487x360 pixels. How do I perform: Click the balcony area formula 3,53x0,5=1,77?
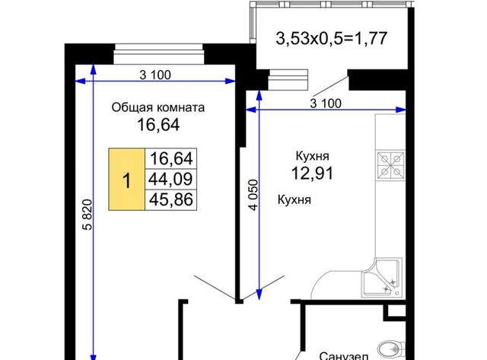point(332,39)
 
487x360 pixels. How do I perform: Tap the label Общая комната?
point(158,107)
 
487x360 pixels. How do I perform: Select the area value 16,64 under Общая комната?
point(158,125)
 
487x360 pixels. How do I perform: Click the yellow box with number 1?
point(127,179)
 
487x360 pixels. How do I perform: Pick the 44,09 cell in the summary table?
point(170,179)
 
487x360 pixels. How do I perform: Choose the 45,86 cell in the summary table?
point(170,199)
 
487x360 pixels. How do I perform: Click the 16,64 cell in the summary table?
point(170,158)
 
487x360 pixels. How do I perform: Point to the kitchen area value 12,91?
point(313,173)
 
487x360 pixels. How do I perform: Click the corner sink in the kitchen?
point(383,278)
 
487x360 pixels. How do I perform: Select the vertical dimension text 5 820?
point(88,215)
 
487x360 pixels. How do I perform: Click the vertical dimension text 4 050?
point(253,195)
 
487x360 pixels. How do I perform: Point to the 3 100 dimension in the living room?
point(155,75)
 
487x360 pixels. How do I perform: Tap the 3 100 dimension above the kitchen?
point(326,103)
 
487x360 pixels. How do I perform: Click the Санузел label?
point(344,355)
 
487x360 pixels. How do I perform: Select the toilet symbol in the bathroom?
point(390,350)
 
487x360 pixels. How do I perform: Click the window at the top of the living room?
point(158,54)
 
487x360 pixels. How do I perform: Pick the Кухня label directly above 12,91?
point(313,156)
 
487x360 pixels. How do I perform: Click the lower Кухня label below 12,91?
point(294,199)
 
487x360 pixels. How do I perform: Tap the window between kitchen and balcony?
point(288,80)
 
